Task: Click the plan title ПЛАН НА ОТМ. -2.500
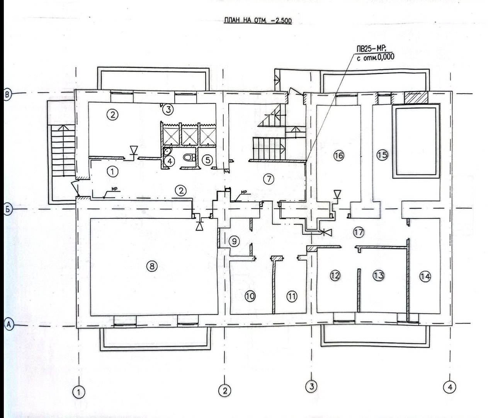point(258,21)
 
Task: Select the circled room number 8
point(152,266)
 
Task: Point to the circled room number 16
point(338,156)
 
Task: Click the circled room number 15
point(382,155)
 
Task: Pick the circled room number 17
point(359,232)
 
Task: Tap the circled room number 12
point(335,275)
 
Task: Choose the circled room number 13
point(378,275)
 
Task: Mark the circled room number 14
point(425,276)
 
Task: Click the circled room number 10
point(250,296)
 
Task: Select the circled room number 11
point(292,296)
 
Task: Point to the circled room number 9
point(234,241)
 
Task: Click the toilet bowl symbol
point(189,157)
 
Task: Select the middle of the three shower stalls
point(189,137)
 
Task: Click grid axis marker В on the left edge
point(8,94)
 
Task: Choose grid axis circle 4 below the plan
point(450,387)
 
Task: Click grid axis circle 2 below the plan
point(224,391)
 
